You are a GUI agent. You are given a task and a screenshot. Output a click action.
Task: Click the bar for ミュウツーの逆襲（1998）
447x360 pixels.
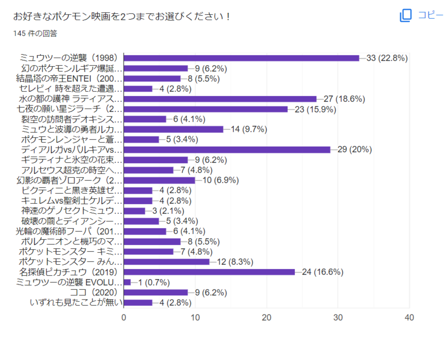point(242,58)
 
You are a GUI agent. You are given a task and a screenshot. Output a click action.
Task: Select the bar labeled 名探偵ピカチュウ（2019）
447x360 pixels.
point(209,272)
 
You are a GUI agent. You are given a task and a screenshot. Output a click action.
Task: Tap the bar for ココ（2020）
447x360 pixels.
point(155,292)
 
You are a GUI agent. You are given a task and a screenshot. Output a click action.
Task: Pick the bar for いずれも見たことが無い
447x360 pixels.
point(138,303)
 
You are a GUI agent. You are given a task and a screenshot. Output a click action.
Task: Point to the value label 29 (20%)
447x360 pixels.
point(355,149)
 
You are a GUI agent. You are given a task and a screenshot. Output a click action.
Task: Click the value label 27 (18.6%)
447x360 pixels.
point(344,99)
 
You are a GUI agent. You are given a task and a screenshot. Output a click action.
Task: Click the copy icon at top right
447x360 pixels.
point(406,15)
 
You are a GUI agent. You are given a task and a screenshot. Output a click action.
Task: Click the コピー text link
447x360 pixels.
point(430,15)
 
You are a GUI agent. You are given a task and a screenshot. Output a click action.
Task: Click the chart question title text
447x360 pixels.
point(122,16)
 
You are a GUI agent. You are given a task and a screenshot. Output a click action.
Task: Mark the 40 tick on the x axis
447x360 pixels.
point(409,318)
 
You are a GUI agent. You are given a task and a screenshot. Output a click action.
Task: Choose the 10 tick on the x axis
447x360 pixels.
point(195,318)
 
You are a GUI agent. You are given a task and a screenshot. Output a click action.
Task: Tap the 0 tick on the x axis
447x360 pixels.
point(124,318)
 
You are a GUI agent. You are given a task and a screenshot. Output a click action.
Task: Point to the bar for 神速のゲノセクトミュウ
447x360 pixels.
point(135,211)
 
